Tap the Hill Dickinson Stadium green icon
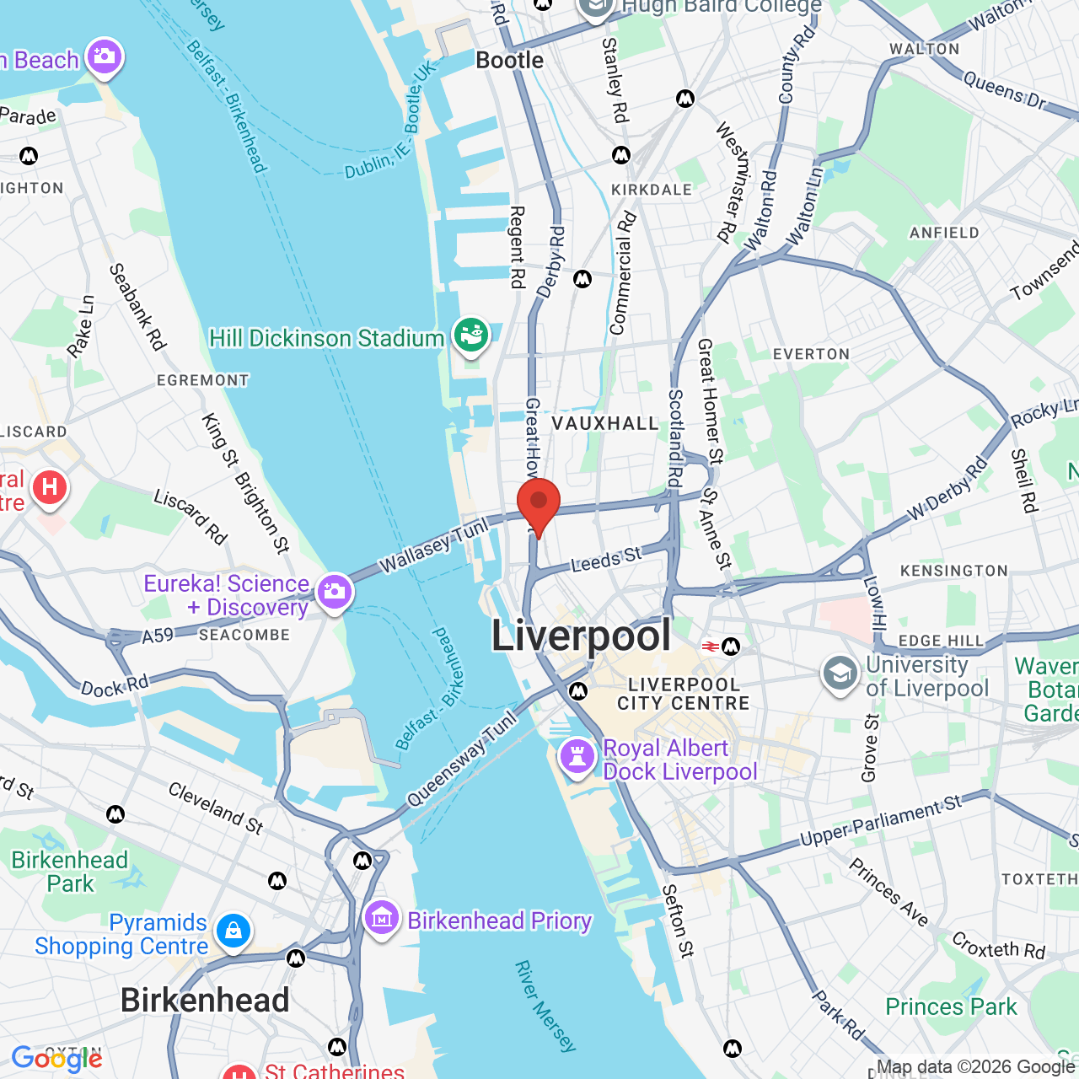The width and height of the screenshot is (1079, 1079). click(470, 335)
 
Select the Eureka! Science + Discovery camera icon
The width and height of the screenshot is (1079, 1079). click(335, 591)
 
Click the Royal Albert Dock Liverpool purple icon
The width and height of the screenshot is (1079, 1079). click(577, 755)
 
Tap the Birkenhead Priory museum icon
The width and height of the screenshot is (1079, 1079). click(382, 917)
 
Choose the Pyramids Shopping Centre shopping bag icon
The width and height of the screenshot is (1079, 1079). click(233, 931)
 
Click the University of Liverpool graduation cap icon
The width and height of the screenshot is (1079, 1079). click(840, 674)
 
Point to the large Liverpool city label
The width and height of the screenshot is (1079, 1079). click(581, 636)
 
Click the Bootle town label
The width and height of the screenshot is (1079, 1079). click(509, 61)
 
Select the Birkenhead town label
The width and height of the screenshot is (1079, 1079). click(205, 1001)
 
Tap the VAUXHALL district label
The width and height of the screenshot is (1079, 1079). click(605, 423)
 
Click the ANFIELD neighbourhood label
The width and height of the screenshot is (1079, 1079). click(944, 233)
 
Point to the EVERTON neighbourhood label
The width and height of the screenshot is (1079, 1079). click(811, 354)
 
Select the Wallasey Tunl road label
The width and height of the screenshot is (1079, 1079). click(433, 545)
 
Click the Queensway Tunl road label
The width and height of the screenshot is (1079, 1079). click(461, 759)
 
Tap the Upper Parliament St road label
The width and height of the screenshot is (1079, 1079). click(880, 820)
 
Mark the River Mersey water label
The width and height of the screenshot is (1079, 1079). click(545, 1006)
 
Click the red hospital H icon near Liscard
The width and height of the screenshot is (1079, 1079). click(50, 488)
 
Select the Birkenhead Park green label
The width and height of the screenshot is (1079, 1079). click(70, 872)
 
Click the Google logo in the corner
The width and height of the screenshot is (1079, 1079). click(56, 1059)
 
